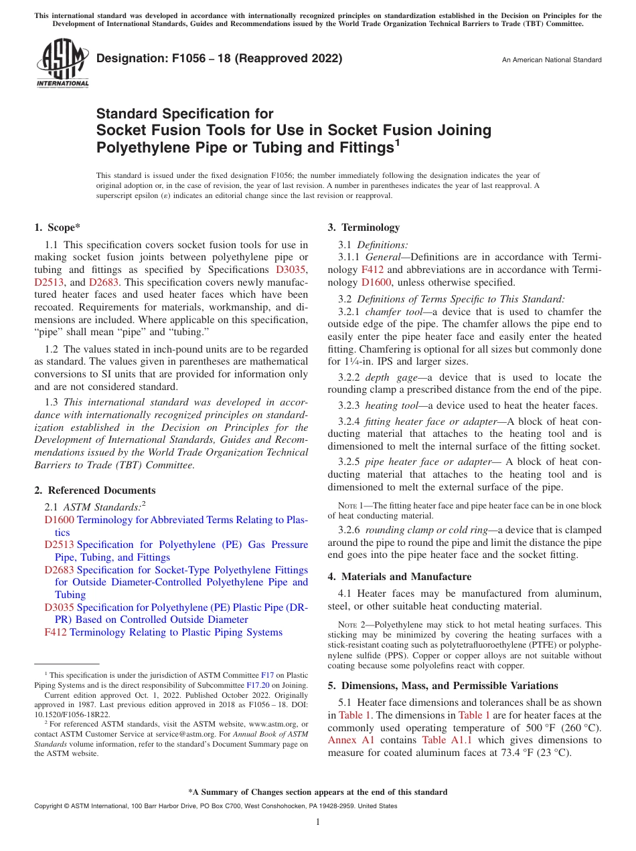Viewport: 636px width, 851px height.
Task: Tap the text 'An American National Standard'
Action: [551, 60]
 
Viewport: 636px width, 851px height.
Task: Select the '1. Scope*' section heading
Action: [58, 227]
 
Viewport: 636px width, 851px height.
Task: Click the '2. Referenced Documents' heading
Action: [95, 490]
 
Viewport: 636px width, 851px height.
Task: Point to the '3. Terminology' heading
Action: [364, 227]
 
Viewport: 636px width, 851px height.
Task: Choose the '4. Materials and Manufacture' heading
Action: [400, 577]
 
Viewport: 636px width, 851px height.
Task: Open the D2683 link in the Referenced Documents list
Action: [59, 570]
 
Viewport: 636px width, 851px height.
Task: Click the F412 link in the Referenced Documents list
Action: [56, 632]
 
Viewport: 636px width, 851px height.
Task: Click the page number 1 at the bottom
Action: [318, 822]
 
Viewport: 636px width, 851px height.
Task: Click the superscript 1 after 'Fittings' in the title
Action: [397, 143]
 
